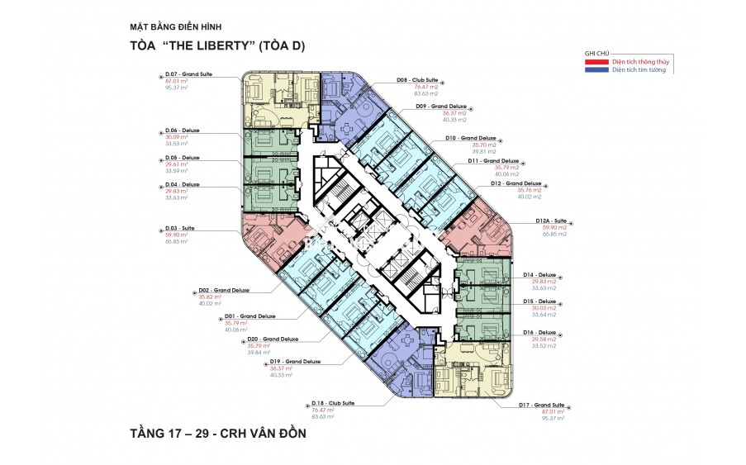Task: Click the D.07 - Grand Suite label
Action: point(189,75)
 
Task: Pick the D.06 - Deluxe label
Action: point(183,130)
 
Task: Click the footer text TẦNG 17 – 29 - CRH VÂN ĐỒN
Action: point(211,432)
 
